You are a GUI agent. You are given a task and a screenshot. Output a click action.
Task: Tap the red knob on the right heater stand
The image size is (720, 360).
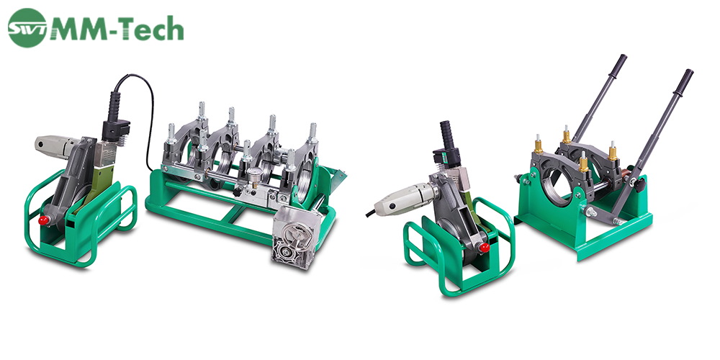pyautogui.click(x=485, y=248)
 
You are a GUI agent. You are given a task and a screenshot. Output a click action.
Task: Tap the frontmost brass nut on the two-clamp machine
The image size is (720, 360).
pyautogui.click(x=584, y=165)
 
